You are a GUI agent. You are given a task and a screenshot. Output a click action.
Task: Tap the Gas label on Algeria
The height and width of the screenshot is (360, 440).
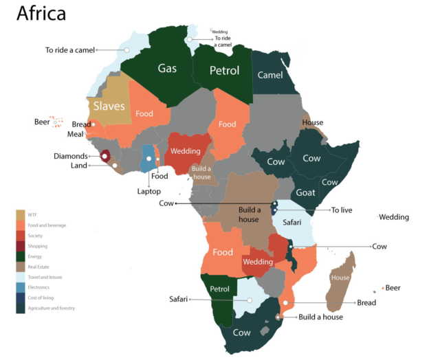(167, 68)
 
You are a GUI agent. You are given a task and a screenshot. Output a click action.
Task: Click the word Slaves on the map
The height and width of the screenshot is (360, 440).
(109, 106)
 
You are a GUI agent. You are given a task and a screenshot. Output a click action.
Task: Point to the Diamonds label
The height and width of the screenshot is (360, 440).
(71, 156)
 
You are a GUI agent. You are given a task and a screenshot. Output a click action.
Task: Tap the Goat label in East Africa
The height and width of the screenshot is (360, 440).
(305, 193)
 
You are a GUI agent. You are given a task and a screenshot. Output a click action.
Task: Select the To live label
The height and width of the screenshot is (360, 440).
(341, 210)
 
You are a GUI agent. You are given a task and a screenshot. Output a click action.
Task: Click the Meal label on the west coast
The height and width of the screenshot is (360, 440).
(75, 135)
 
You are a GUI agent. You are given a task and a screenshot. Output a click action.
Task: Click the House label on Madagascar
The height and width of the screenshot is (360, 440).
(340, 278)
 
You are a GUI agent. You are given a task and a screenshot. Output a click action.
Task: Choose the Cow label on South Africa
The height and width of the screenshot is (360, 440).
(241, 333)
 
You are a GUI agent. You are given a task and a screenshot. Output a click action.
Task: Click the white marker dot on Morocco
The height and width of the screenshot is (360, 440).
(127, 50)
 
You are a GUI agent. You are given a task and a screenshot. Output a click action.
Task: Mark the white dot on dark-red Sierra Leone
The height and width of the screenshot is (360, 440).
(105, 157)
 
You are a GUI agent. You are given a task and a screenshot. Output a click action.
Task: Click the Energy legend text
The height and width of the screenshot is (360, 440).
(36, 256)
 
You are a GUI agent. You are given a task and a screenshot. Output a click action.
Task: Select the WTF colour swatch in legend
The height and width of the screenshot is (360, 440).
(21, 214)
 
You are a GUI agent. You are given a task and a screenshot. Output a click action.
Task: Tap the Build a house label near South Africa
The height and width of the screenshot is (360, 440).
(320, 317)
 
